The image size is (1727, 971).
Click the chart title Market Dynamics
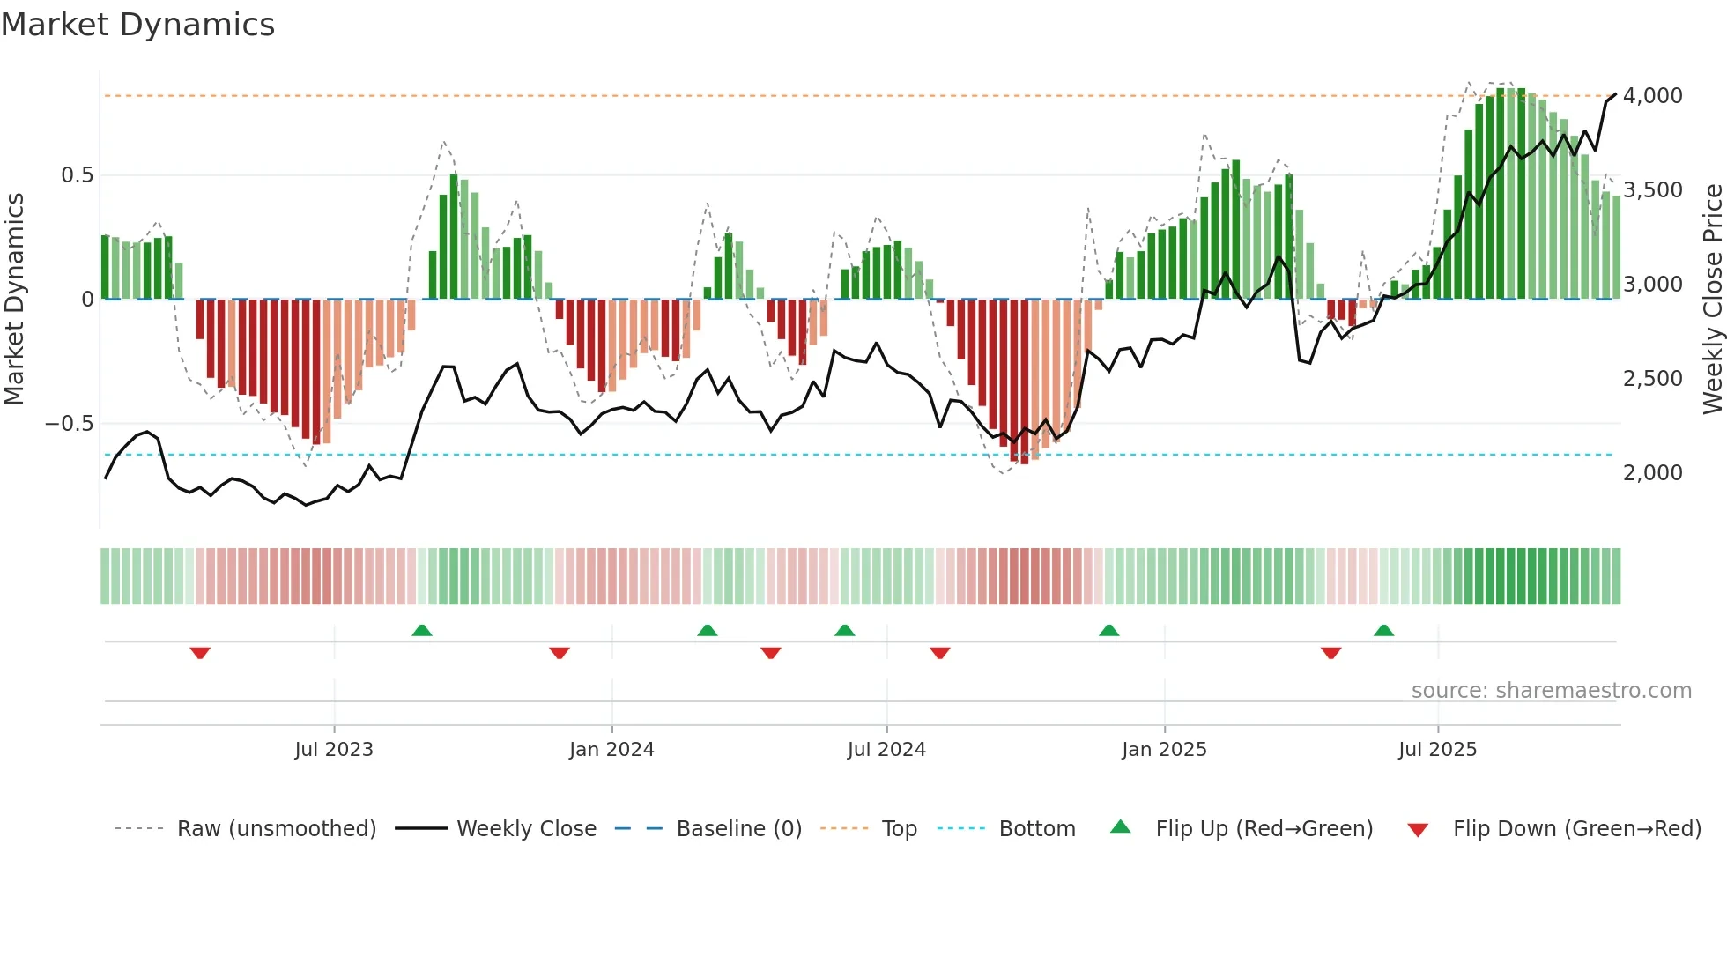pyautogui.click(x=137, y=25)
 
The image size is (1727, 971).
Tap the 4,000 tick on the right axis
pyautogui.click(x=1652, y=95)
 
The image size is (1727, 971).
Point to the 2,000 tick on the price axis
pyautogui.click(x=1652, y=473)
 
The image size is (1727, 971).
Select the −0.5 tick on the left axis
pyautogui.click(x=69, y=424)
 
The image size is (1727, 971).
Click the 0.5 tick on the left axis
pyautogui.click(x=77, y=175)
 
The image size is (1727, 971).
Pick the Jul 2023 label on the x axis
pyautogui.click(x=334, y=750)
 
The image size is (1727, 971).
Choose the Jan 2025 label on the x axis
pyautogui.click(x=1164, y=750)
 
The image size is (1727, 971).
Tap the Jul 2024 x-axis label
pyautogui.click(x=886, y=750)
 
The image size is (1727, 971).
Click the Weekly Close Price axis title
pyautogui.click(x=1712, y=299)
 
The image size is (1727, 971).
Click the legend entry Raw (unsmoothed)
pyautogui.click(x=276, y=829)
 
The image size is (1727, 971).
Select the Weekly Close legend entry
pyautogui.click(x=526, y=829)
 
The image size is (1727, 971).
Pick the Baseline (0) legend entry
pyautogui.click(x=738, y=829)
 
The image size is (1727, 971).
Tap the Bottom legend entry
pyautogui.click(x=1036, y=829)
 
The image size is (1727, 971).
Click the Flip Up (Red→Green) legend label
pyautogui.click(x=1264, y=829)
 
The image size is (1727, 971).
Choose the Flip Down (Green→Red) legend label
pyautogui.click(x=1576, y=829)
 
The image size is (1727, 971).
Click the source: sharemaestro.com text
pyautogui.click(x=1551, y=691)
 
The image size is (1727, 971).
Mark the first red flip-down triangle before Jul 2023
pyautogui.click(x=200, y=653)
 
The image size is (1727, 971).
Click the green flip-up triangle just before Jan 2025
pyautogui.click(x=1109, y=630)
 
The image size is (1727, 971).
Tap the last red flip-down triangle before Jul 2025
pyautogui.click(x=1331, y=653)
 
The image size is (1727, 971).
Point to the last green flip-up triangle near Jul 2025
pyautogui.click(x=1384, y=630)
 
